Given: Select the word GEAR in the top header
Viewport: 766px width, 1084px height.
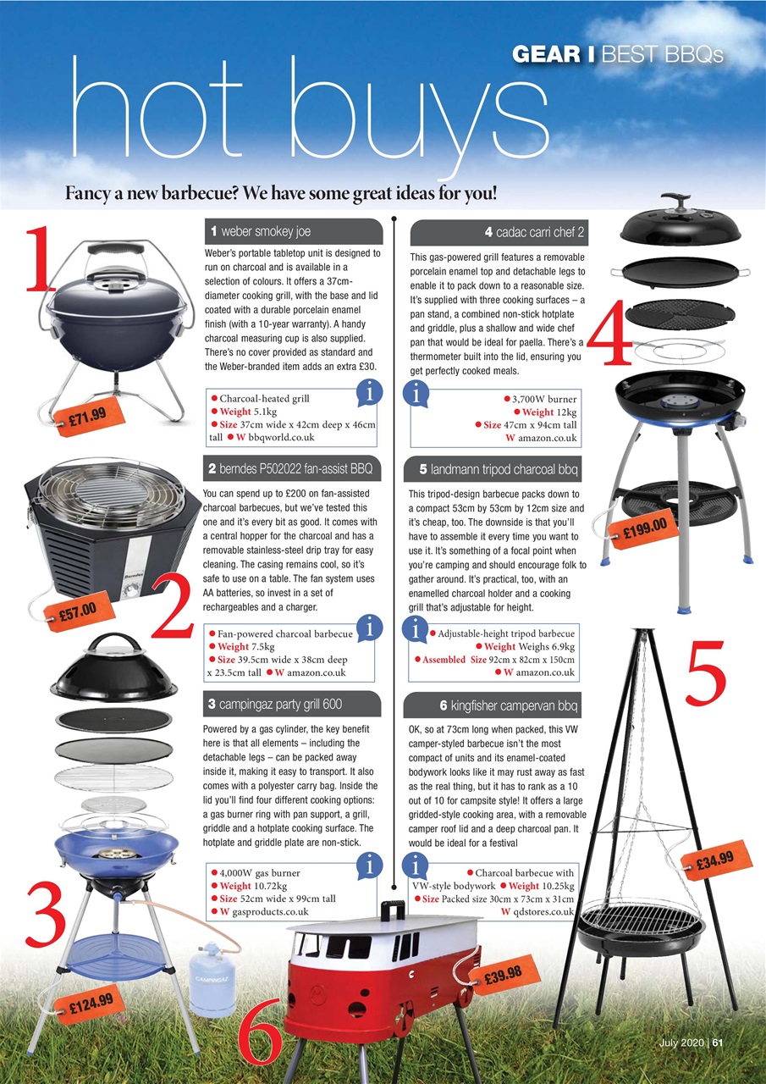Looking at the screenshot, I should tap(551, 55).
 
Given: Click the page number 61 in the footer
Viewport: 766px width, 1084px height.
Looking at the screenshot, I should tap(717, 1043).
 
